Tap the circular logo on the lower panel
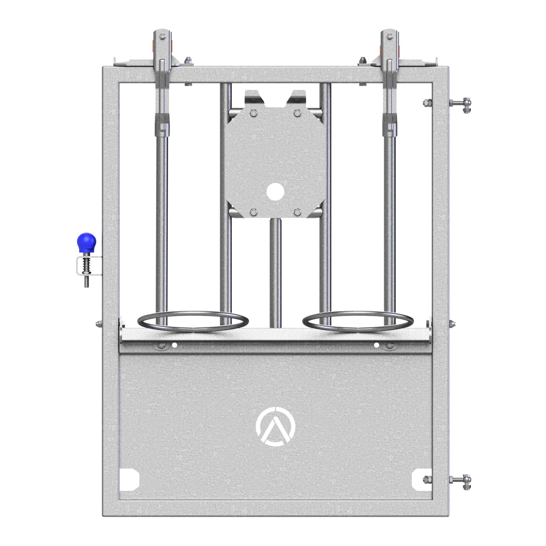click(275, 426)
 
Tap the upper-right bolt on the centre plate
click(297, 113)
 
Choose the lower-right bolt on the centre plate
click(297, 212)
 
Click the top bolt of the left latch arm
click(162, 37)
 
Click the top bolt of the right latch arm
click(389, 37)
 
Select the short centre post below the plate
click(275, 273)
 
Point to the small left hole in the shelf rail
click(174, 345)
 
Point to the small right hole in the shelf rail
click(376, 345)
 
